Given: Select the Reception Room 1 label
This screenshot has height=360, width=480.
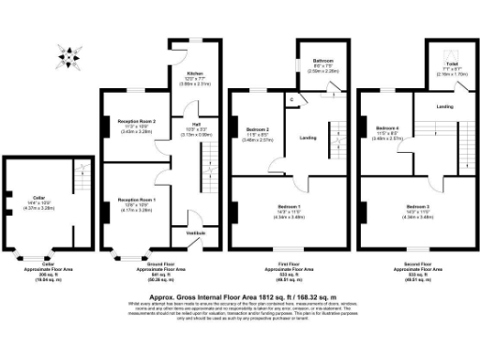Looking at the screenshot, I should [x=136, y=200].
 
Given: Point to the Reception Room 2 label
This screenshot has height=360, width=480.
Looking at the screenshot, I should [x=136, y=122].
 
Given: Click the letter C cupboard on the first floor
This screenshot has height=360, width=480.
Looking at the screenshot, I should [x=292, y=98].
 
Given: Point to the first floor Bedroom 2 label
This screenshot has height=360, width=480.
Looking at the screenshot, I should [x=258, y=129].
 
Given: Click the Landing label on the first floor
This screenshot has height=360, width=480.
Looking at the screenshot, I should [x=307, y=139].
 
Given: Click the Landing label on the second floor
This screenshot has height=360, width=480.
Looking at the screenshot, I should [x=446, y=106].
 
